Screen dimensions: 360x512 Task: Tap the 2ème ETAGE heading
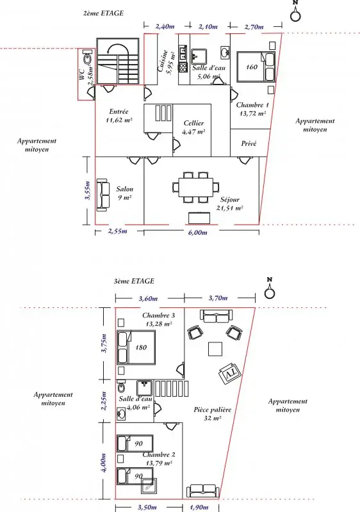point(104,13)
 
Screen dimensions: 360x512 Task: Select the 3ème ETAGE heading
point(134,281)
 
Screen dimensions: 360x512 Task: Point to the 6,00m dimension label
point(198,232)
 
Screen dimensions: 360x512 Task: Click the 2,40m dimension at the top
point(165,26)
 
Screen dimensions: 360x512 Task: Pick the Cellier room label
point(193,123)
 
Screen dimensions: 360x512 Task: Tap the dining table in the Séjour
point(195,188)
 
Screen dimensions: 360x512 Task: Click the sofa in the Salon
point(102,195)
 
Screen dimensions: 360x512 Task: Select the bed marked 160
point(256,67)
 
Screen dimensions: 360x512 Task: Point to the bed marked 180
point(136,348)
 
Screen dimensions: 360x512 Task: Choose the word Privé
point(249,143)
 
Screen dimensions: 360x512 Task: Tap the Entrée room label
point(119,111)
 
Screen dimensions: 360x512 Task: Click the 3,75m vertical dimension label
point(104,343)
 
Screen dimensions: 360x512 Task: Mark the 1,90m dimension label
point(199,507)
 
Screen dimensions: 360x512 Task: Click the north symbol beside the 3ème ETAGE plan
point(270,291)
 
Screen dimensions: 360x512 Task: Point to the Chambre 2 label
point(159,454)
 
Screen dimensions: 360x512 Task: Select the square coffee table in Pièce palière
point(215,349)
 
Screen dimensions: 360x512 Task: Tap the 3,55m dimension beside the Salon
point(88,190)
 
